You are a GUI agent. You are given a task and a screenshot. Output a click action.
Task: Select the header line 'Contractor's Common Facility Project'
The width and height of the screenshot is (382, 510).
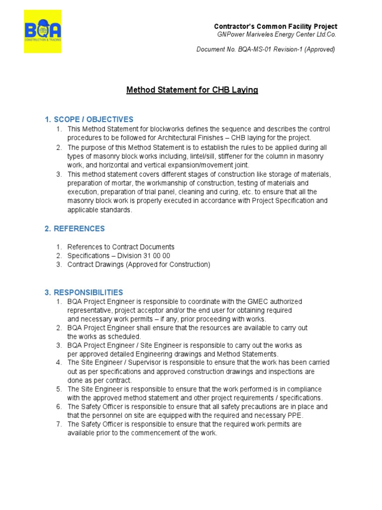click(x=275, y=26)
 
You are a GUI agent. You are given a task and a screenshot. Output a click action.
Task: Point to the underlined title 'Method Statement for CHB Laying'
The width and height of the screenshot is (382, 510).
click(x=192, y=90)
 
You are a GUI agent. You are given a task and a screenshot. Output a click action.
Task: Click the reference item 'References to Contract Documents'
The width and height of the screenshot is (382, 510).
click(x=121, y=247)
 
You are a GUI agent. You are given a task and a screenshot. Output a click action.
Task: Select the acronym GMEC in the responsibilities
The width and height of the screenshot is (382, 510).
click(x=249, y=302)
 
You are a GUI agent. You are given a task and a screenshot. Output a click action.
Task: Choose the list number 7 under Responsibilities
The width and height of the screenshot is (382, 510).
click(x=59, y=424)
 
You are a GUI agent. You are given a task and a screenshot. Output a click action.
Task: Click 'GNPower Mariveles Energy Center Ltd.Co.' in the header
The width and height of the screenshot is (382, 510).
click(x=277, y=34)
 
